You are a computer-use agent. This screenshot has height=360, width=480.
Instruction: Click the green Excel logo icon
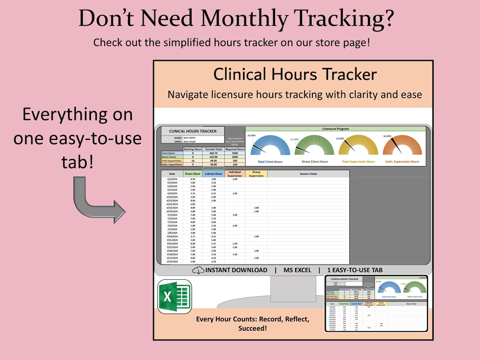tap(175, 297)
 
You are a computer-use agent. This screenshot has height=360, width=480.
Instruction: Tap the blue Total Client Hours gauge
tap(270, 146)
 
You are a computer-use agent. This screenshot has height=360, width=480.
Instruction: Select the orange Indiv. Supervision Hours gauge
tap(402, 146)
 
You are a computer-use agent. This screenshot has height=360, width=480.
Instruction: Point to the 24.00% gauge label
tap(340, 139)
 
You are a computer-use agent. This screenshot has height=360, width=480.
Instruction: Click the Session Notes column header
tap(308, 174)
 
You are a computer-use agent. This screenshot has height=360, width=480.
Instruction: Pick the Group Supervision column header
tap(256, 174)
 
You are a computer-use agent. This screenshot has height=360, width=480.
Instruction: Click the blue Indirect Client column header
tap(213, 174)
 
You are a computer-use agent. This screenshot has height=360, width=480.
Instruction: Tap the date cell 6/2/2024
tap(172, 179)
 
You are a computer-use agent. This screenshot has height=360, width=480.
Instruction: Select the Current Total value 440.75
tap(213, 153)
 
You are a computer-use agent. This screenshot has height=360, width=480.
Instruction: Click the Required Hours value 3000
tap(235, 153)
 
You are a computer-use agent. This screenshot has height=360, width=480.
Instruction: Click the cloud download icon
tap(198, 270)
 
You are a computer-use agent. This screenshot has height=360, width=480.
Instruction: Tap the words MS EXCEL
tap(297, 270)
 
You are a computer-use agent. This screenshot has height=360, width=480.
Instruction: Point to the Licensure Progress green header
tap(336, 129)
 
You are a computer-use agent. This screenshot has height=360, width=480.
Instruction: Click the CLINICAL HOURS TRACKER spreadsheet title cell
tap(193, 131)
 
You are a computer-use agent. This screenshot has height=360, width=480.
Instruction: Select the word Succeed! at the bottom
tap(252, 329)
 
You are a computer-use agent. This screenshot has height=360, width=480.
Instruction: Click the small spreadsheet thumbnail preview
tap(376, 303)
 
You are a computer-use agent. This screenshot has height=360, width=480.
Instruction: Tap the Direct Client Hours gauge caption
tap(315, 162)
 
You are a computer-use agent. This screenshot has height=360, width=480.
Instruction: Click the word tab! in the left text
tap(77, 162)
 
